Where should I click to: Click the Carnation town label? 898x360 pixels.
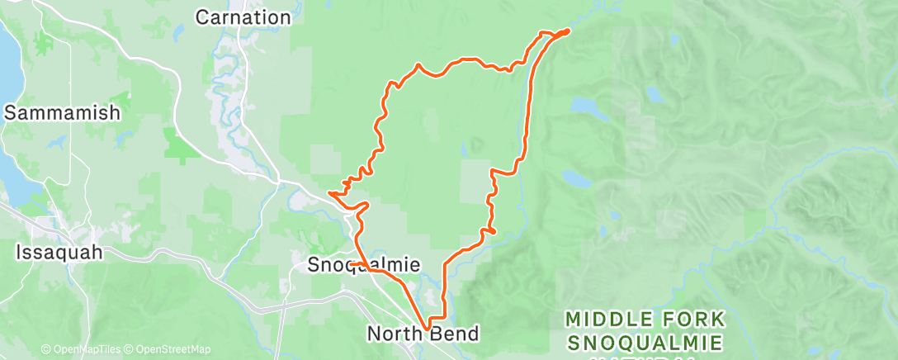coord(243,17)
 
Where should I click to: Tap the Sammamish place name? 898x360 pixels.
coord(63,113)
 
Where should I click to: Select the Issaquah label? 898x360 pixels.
coord(59,253)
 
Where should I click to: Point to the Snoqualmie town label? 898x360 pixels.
coord(364,265)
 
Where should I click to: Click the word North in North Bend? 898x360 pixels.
coord(395,334)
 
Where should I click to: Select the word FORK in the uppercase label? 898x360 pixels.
coord(696,318)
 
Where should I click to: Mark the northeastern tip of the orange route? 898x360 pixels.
coord(569,31)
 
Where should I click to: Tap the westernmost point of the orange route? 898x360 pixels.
coord(329,192)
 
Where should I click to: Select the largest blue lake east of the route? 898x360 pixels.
coord(587,107)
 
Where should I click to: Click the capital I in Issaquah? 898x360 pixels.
coord(19,253)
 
